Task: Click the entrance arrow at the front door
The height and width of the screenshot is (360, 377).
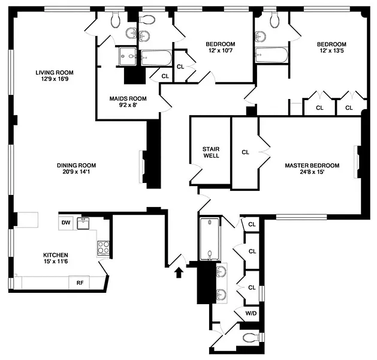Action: pos(179,272)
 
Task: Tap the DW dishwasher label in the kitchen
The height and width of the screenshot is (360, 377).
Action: pos(66,223)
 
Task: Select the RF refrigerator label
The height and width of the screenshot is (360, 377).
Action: pos(80,283)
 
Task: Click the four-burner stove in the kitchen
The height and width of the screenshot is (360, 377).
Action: pos(103,248)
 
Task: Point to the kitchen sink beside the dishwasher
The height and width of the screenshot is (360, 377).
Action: pos(83,223)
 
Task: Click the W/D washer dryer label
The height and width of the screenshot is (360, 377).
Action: pos(251,313)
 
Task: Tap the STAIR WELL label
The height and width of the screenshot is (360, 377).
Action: pos(211,152)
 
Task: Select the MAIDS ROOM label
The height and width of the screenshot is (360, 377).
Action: pos(128,98)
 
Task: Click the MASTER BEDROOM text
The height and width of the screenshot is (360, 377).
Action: pos(312,166)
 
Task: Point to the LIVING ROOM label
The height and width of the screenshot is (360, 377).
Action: pos(55,73)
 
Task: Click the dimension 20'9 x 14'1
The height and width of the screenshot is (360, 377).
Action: pos(77,172)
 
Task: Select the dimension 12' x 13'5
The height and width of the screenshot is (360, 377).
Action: pos(331,51)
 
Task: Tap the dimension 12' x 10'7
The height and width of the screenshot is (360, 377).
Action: pos(220,50)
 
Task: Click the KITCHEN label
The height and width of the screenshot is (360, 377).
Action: pos(56,255)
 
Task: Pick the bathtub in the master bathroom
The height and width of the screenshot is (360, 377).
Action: pos(210,239)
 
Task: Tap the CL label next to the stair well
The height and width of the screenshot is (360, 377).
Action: pos(245,152)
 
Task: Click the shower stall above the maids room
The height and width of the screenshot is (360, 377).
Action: pos(128,56)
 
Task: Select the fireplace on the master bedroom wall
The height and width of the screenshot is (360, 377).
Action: pos(356,162)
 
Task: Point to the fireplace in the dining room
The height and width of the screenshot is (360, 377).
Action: pos(142,167)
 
